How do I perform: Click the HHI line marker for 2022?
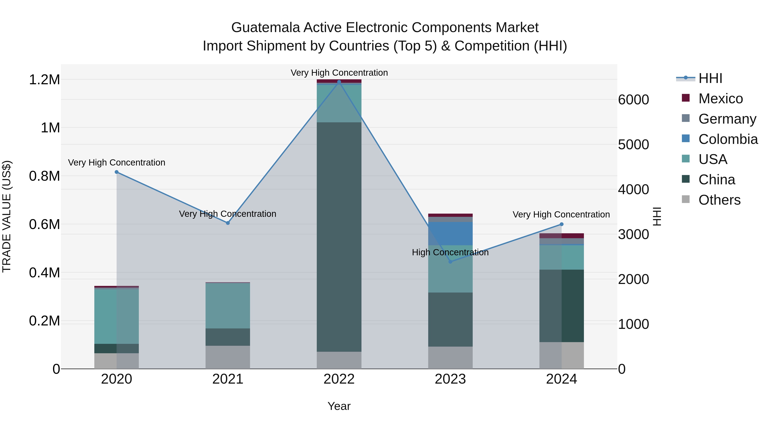coord(339,82)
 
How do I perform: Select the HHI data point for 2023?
coord(450,262)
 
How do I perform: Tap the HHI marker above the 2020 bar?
coord(117,172)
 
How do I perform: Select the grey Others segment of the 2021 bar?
coord(228,357)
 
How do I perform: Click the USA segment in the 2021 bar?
coord(228,305)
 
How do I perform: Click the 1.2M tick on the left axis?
coord(44,80)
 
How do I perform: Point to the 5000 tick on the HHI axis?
coord(633,145)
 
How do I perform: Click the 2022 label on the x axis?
coord(339,379)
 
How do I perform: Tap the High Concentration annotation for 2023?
coord(450,252)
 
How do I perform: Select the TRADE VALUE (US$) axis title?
coord(7,216)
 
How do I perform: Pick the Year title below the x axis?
coord(339,406)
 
